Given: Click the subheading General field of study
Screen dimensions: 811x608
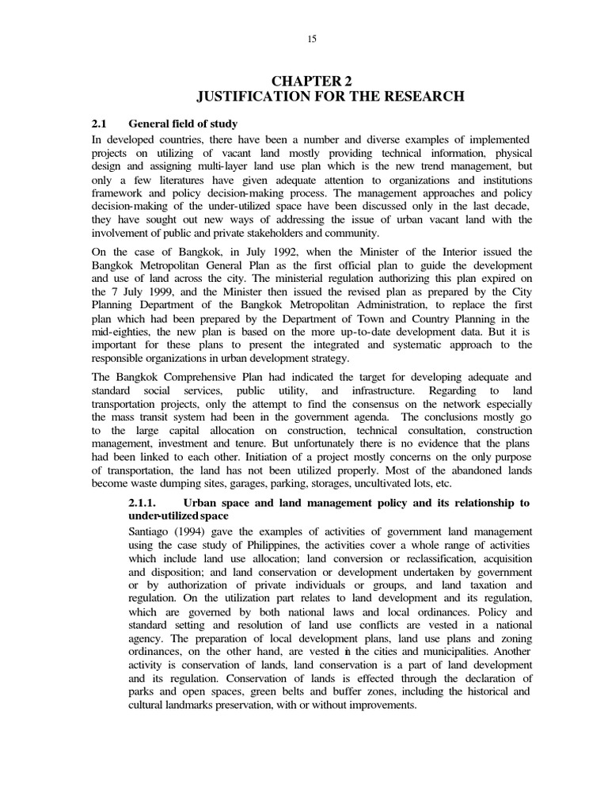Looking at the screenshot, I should (x=183, y=124).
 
